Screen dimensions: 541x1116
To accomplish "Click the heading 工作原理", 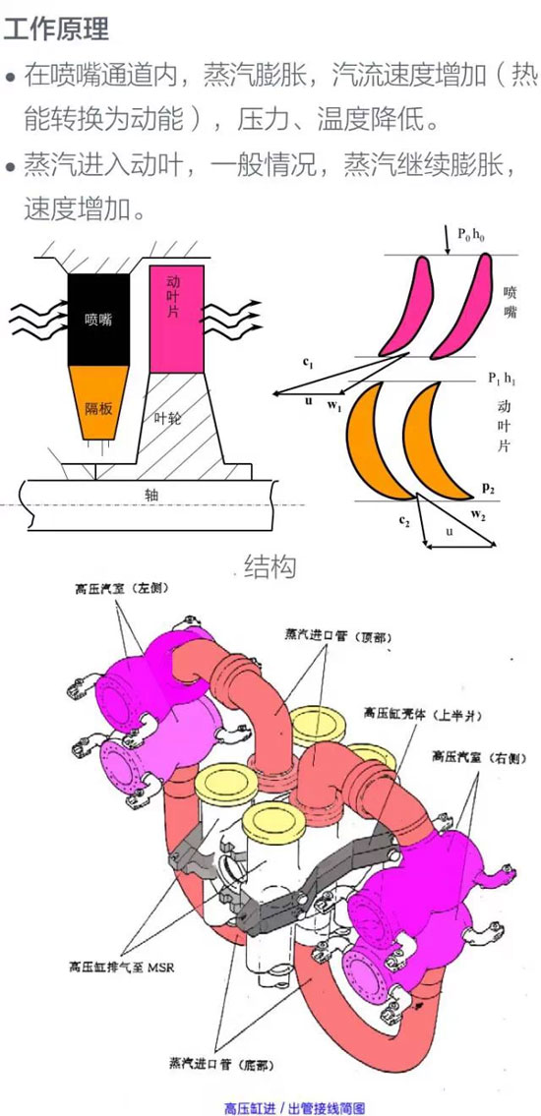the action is tap(56, 29).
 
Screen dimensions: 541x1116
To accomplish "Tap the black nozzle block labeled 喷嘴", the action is tap(98, 320).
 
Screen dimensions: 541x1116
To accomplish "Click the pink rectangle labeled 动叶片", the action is tap(177, 319).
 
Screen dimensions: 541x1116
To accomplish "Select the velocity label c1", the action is tap(308, 363).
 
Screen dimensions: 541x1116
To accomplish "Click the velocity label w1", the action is tap(334, 407).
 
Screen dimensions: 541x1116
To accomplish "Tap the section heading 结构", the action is tap(270, 566).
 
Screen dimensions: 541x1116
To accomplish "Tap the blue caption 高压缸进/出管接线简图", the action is tap(295, 1107).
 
